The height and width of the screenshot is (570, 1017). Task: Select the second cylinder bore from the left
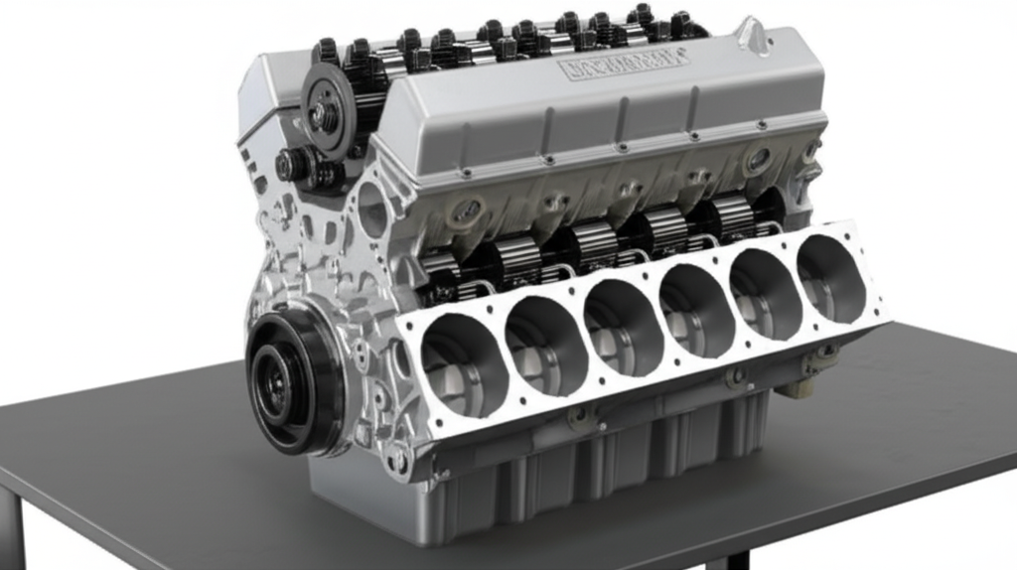(542, 344)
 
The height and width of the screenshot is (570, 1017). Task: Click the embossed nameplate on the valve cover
(624, 65)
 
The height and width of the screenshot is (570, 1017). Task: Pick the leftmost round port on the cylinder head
(467, 212)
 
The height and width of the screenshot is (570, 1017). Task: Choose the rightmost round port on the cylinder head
(758, 159)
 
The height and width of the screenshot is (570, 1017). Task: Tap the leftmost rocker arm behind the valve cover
(328, 50)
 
